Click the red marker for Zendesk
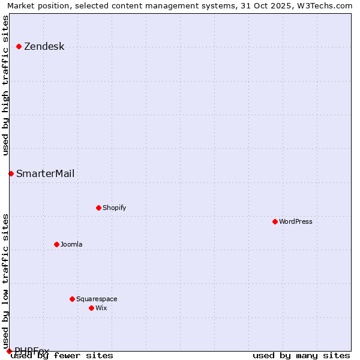click(x=19, y=46)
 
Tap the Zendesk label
click(x=44, y=47)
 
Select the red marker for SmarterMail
click(x=11, y=173)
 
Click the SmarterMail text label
click(x=45, y=174)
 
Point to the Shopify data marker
click(x=98, y=208)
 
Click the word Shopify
click(x=114, y=208)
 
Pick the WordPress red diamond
click(x=275, y=221)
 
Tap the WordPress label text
click(x=295, y=222)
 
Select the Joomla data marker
click(x=56, y=244)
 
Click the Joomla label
click(x=71, y=245)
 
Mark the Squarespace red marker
click(x=72, y=299)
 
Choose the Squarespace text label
click(x=97, y=299)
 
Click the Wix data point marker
click(x=91, y=308)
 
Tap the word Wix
click(x=101, y=308)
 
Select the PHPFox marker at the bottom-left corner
click(x=9, y=351)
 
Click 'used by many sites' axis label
click(x=301, y=356)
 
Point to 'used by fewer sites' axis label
click(x=62, y=356)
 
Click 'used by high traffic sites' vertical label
click(x=6, y=85)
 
